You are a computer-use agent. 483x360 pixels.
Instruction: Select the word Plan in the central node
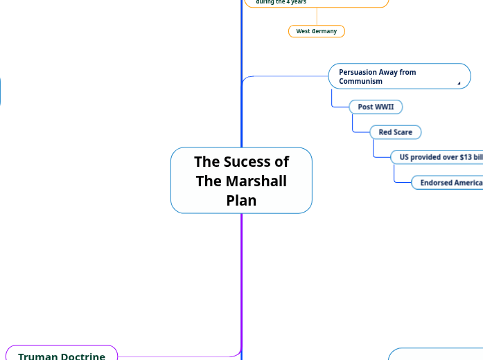point(241,201)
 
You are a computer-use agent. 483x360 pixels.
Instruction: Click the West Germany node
point(317,31)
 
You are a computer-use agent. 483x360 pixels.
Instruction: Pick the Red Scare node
point(395,132)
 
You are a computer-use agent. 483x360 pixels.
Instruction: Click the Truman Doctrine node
point(62,354)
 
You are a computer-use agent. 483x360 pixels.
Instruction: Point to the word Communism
point(360,82)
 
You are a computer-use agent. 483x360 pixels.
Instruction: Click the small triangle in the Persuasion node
point(459,83)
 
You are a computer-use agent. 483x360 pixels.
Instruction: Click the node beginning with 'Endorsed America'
point(449,183)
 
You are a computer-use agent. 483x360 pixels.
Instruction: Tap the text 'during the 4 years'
point(281,2)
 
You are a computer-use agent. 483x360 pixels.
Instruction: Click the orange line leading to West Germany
point(317,17)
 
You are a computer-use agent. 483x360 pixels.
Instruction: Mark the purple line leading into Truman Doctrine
point(180,357)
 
